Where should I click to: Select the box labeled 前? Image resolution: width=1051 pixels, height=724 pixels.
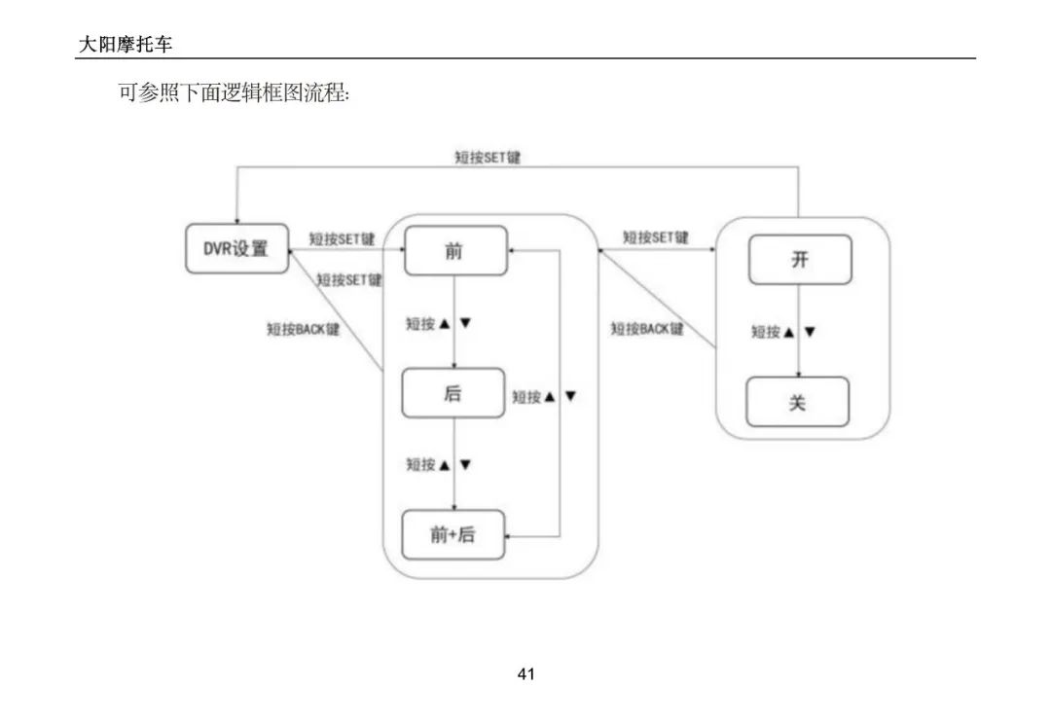pyautogui.click(x=454, y=251)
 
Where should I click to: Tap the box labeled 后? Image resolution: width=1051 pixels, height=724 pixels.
pyautogui.click(x=453, y=393)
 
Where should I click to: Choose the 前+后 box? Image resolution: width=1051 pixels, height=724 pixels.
pyautogui.click(x=453, y=534)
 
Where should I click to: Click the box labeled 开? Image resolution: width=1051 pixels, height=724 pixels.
pyautogui.click(x=799, y=260)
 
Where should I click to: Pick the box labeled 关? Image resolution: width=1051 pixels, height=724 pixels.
pyautogui.click(x=797, y=402)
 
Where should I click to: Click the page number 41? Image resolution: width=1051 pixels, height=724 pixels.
pyautogui.click(x=526, y=673)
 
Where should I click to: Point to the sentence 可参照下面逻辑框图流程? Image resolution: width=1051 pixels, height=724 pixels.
pyautogui.click(x=234, y=95)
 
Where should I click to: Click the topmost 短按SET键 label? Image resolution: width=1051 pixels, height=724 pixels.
pyautogui.click(x=488, y=157)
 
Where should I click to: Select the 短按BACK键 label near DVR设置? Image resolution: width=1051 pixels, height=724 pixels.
pyautogui.click(x=304, y=329)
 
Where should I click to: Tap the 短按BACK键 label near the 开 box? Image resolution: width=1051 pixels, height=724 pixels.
pyautogui.click(x=647, y=329)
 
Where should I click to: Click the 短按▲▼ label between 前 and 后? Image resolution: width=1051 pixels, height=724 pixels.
pyautogui.click(x=439, y=323)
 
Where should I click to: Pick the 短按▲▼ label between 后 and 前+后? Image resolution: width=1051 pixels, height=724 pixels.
pyautogui.click(x=439, y=464)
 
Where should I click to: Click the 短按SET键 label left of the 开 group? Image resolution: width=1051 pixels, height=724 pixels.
pyautogui.click(x=656, y=237)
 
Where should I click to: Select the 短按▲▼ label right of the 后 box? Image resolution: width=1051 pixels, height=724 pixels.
pyautogui.click(x=545, y=397)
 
